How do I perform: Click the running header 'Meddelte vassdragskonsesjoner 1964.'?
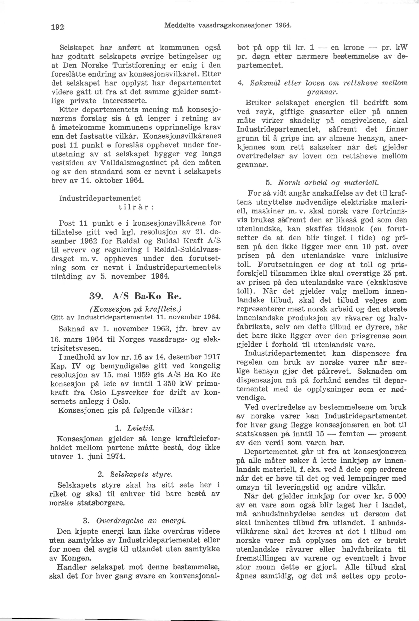click(227, 26)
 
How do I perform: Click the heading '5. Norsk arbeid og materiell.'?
click(322, 183)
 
